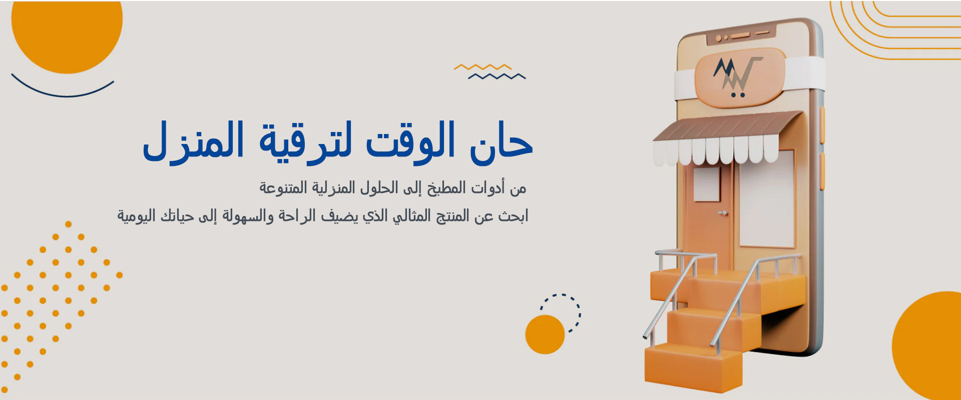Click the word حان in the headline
pos(501,142)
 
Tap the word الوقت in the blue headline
pos(411,142)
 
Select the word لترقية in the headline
pos(305,142)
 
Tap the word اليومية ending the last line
pos(137,216)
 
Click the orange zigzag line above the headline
pos(483,67)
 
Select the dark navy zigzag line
pos(497,76)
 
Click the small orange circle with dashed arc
pos(545,334)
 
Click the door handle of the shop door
pos(722,213)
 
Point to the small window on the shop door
pos(707,184)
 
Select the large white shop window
pos(767,198)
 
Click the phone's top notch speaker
pos(741,35)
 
